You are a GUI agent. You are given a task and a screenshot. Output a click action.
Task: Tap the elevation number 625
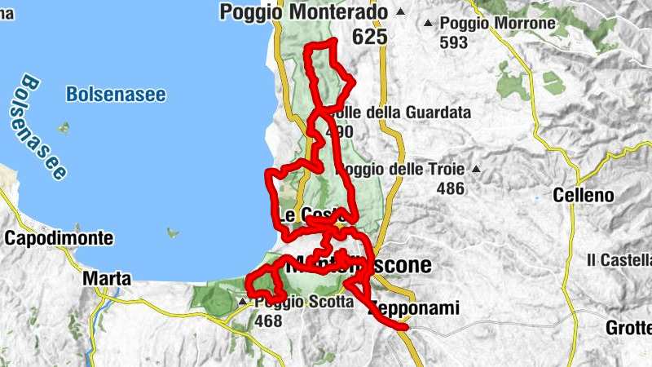pos(369,37)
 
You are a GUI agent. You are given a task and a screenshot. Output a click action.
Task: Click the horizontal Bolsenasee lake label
pos(116,95)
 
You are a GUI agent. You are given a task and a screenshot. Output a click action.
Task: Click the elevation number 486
pos(450,189)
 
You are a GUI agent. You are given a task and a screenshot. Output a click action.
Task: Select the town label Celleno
pos(582,196)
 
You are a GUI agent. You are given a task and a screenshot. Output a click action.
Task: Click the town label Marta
pos(107,279)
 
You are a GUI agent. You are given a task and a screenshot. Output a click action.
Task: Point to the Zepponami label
pos(414,309)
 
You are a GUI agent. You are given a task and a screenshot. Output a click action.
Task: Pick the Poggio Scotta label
pos(302,302)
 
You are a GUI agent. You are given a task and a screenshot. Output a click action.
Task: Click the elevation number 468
pos(267,321)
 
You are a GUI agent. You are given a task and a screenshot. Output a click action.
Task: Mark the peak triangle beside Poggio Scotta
pos(242,303)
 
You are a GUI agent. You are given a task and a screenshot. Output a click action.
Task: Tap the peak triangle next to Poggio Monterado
pos(399,12)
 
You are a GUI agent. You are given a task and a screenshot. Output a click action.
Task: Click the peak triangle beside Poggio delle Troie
pos(475,170)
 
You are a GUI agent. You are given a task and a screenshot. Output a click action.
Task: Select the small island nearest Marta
pos(172,232)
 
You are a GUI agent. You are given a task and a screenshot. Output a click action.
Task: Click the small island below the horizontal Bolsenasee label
pos(62,128)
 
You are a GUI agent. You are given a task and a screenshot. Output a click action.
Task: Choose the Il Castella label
pos(619,260)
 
